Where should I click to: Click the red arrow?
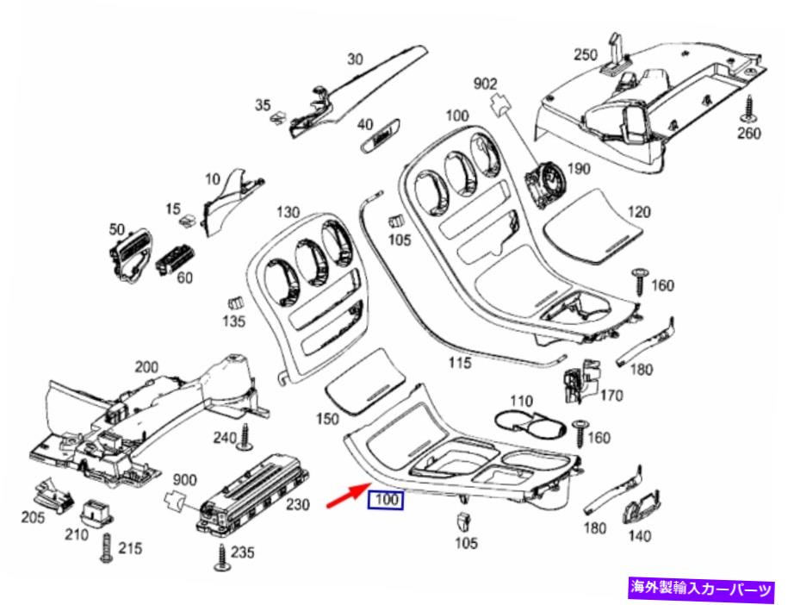tap(347, 495)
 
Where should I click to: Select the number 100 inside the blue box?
tap(387, 500)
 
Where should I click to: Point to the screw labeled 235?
tap(222, 558)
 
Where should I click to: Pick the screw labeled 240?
tap(245, 437)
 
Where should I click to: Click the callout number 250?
tap(586, 54)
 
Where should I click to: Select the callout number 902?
tap(485, 84)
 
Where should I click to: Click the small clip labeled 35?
tap(278, 119)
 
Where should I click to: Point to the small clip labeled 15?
tap(189, 220)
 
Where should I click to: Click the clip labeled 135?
tap(235, 302)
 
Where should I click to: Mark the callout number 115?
tap(459, 362)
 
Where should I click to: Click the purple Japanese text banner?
tap(701, 589)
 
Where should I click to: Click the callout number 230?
tap(298, 504)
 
